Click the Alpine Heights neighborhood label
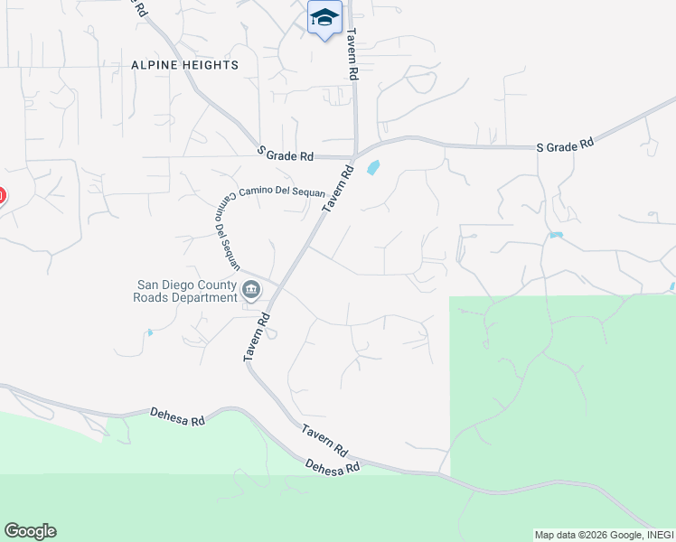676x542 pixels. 184,65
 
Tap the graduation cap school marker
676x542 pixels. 324,17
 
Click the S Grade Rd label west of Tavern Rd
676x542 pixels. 286,154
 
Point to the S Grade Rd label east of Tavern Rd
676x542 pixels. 565,145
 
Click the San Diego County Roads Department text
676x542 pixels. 184,291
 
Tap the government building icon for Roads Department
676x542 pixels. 251,290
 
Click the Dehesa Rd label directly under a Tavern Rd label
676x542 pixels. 333,466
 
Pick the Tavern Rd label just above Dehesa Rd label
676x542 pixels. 325,440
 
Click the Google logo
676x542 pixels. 30,531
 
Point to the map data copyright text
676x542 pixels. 604,535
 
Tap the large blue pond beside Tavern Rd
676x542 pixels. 372,167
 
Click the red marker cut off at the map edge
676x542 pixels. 2,195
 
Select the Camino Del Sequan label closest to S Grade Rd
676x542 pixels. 269,193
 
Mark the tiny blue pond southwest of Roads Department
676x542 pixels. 149,332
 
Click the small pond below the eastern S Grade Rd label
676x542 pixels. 555,235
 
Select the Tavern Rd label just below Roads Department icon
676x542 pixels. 257,338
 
